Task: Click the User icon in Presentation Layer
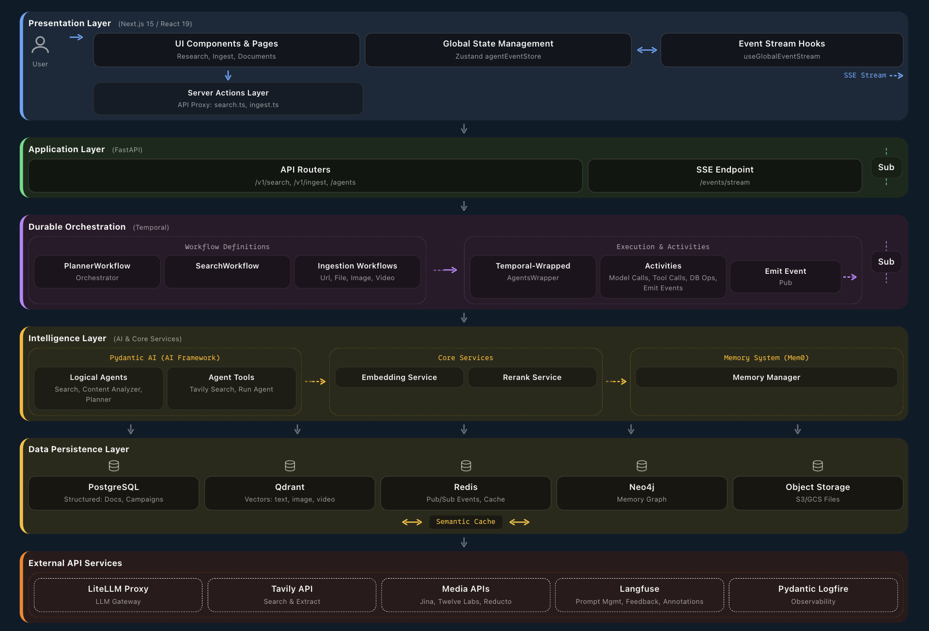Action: [40, 45]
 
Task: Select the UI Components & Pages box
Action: [226, 49]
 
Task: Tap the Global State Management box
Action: [498, 49]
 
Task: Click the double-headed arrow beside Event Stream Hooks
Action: [647, 50]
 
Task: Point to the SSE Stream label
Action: [865, 76]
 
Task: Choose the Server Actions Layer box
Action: [228, 98]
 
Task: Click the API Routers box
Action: [305, 175]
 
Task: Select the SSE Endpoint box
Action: [725, 175]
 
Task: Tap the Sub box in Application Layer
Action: [886, 167]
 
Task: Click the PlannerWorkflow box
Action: [97, 271]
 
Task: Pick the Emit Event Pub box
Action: [785, 277]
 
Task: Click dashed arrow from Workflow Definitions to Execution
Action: [445, 270]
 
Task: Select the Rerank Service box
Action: [532, 377]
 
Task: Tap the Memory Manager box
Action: [766, 377]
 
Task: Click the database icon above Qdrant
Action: [290, 466]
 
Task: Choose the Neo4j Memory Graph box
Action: [641, 493]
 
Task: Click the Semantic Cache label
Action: [465, 521]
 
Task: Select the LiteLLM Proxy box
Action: [118, 595]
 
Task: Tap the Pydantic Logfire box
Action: [813, 595]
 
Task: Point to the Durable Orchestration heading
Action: [77, 227]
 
